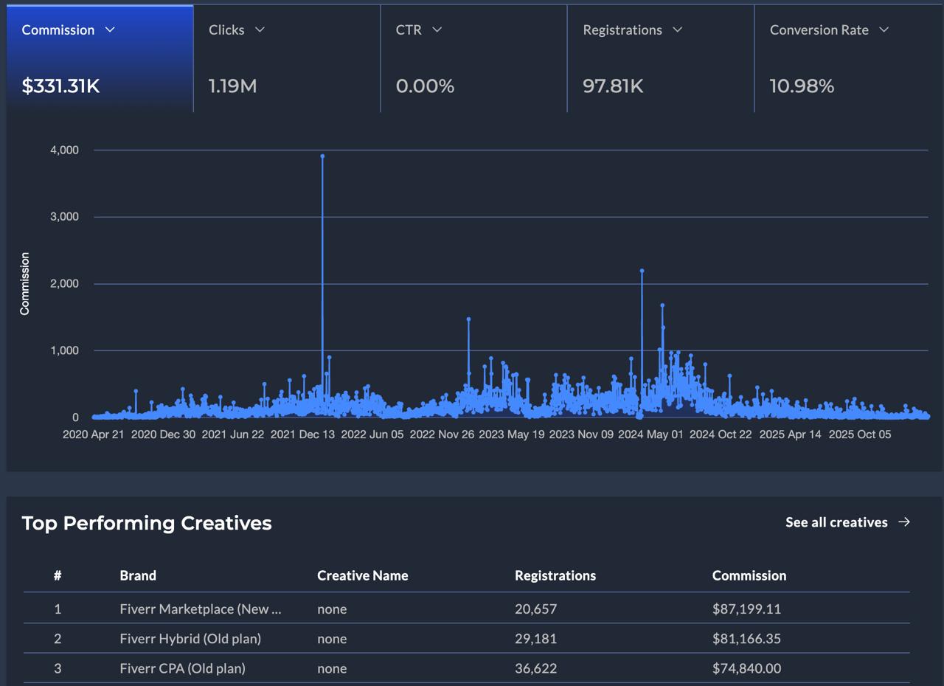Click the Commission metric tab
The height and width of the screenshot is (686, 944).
click(x=58, y=30)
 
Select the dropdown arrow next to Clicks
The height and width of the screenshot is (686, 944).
click(x=260, y=30)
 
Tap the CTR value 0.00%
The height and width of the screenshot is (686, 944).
click(x=425, y=86)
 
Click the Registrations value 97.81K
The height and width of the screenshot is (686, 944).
click(x=613, y=86)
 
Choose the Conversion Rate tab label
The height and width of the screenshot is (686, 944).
click(x=819, y=30)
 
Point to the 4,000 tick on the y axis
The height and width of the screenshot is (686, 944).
click(x=64, y=150)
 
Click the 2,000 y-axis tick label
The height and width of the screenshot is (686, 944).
click(x=64, y=284)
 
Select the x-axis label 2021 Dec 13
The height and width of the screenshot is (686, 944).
click(x=302, y=434)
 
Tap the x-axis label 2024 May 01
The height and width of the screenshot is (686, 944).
click(x=650, y=434)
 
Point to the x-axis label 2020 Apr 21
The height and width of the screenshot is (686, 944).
click(x=94, y=434)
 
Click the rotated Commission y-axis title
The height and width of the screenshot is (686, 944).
click(x=25, y=284)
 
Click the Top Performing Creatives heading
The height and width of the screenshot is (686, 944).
click(x=147, y=523)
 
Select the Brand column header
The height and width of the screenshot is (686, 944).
click(x=138, y=575)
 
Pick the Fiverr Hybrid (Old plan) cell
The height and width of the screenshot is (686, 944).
click(x=190, y=639)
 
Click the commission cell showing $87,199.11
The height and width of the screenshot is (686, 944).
click(x=746, y=609)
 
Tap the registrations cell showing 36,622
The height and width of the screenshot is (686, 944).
click(x=535, y=668)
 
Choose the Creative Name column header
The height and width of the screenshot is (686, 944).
click(x=362, y=575)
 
